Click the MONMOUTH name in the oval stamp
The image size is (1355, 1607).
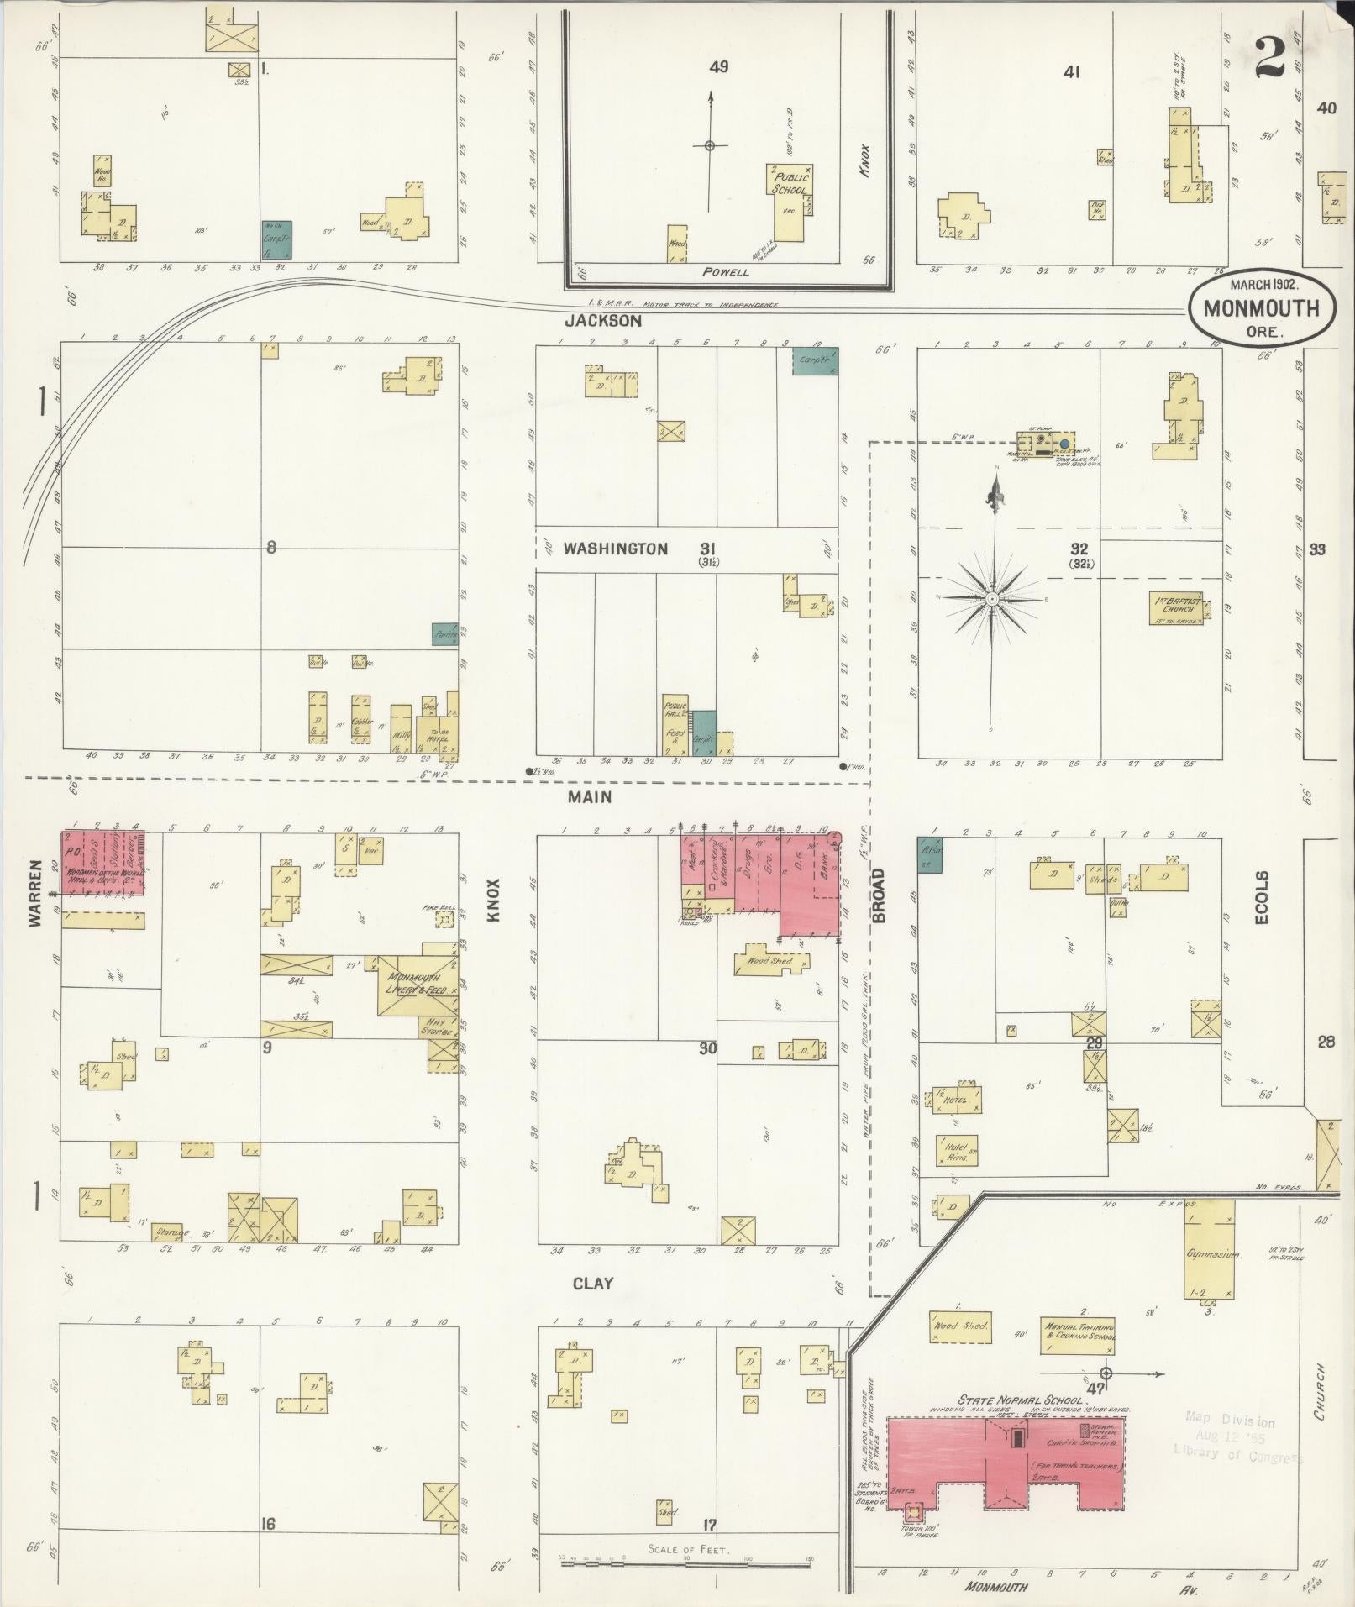(x=1249, y=307)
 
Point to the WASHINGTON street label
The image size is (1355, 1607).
(x=615, y=549)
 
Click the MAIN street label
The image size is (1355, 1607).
(x=589, y=796)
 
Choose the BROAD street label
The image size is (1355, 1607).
(x=879, y=895)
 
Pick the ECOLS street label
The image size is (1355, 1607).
(x=1262, y=896)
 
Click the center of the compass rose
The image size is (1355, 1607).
(x=992, y=598)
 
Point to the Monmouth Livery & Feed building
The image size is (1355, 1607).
(x=418, y=985)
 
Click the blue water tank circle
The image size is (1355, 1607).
(x=1064, y=442)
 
